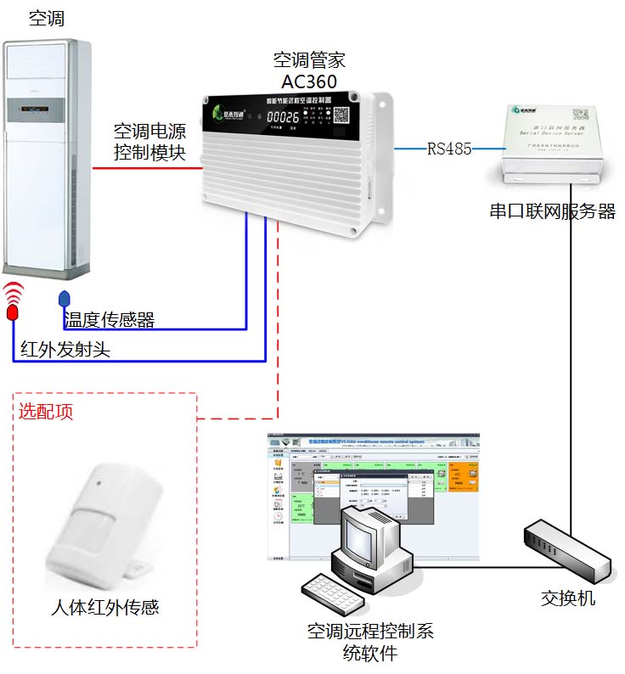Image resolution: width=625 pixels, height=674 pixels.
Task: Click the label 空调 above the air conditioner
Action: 46,18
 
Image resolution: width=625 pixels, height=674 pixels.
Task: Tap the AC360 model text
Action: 309,81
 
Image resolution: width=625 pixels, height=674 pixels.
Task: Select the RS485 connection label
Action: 449,149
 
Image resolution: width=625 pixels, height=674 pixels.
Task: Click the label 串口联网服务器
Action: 552,211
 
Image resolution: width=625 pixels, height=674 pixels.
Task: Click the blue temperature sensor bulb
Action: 64,300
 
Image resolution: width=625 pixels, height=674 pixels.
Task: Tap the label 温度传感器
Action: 110,320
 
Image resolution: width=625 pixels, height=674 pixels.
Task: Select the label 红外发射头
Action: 65,350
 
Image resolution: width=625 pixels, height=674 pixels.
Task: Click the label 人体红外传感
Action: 104,607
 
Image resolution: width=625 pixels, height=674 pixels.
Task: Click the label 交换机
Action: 568,598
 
